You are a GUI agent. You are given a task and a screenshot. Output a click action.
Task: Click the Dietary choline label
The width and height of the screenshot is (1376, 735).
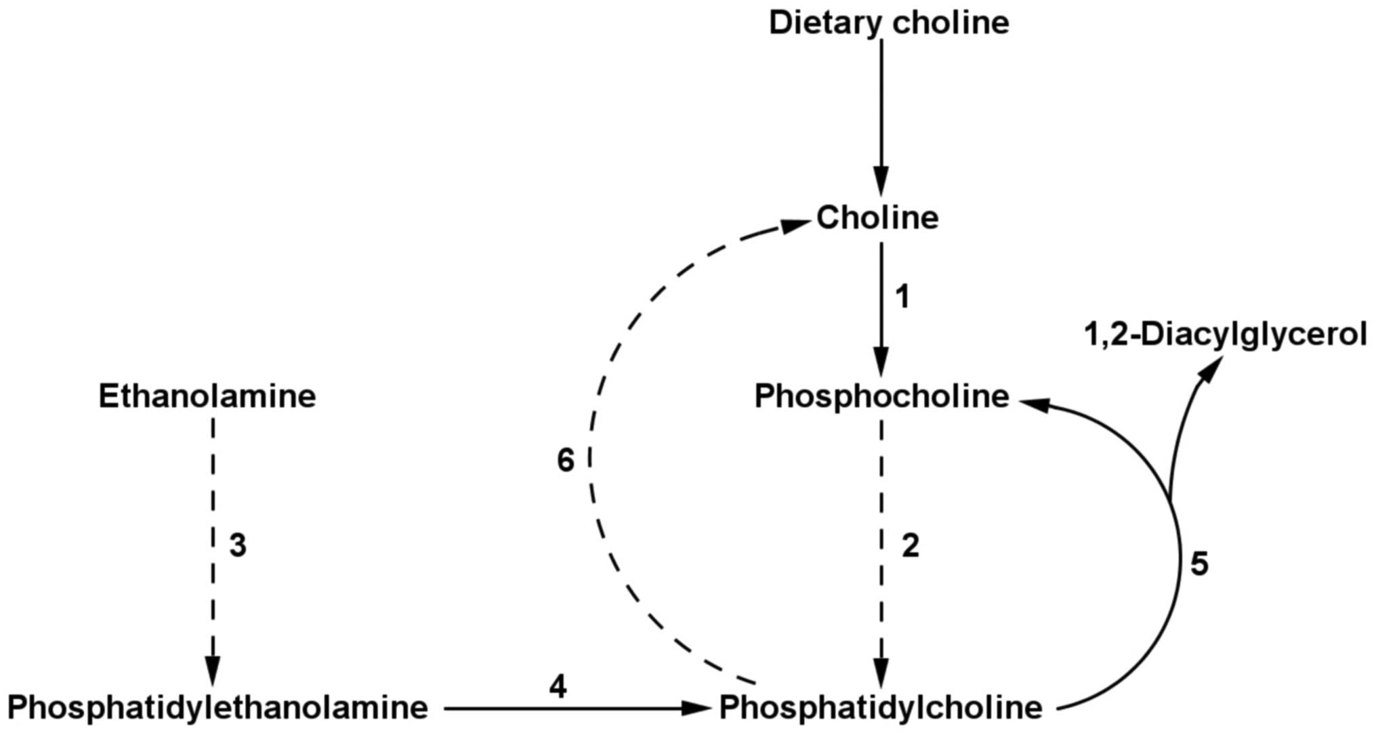point(888,22)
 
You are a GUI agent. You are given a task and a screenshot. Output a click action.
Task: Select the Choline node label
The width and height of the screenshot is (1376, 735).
point(877,217)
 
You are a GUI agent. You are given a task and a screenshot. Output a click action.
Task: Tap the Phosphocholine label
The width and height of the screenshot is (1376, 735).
point(881,396)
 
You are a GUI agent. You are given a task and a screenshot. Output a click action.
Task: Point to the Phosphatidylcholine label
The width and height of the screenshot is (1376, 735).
point(881,708)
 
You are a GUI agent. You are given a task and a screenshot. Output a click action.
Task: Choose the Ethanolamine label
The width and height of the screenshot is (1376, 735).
point(207,396)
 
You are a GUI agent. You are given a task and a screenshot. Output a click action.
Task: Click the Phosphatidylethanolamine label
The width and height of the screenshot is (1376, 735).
point(217,708)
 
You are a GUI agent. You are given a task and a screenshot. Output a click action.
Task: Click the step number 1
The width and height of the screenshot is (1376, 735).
point(902,297)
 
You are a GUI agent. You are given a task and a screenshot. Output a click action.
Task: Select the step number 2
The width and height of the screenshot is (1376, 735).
point(910,546)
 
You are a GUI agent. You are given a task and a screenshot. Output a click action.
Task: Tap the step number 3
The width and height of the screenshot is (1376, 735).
point(237,546)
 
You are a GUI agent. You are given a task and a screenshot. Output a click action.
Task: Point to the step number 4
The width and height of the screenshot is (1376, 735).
point(558,688)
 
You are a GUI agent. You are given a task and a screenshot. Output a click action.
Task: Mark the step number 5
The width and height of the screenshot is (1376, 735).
point(1199,564)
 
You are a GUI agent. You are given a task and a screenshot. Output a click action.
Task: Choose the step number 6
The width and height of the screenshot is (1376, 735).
point(565,461)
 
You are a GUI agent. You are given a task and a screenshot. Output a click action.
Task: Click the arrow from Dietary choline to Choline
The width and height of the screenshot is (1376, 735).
point(881,115)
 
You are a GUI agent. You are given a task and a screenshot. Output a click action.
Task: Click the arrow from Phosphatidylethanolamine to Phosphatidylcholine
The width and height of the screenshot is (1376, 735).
point(576,709)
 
